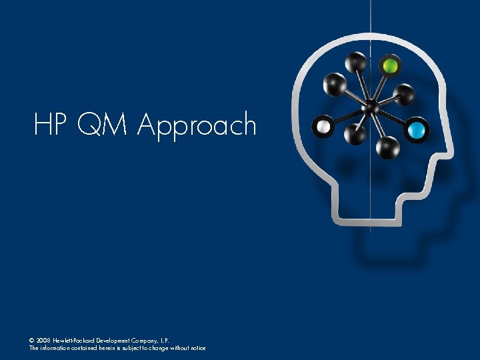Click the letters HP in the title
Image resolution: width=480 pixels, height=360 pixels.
pyautogui.click(x=51, y=125)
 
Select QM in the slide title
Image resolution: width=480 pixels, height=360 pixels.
pyautogui.click(x=101, y=125)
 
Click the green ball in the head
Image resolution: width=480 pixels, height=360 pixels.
pyautogui.click(x=390, y=66)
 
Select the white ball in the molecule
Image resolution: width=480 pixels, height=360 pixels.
pyautogui.click(x=324, y=125)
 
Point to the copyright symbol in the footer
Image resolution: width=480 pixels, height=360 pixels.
pyautogui.click(x=32, y=339)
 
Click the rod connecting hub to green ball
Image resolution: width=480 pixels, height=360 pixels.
pyautogui.click(x=381, y=85)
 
